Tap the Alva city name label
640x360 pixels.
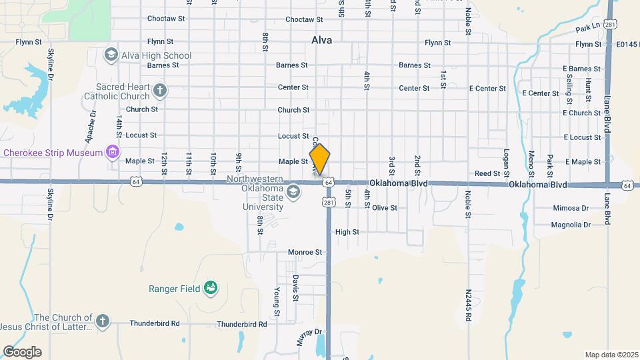[321, 40]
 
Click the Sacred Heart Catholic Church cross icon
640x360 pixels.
[159, 90]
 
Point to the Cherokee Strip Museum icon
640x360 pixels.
[113, 153]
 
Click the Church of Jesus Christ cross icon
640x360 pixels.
[102, 321]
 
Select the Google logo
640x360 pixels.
[22, 352]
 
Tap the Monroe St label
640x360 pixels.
[305, 253]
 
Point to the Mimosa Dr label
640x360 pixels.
[571, 208]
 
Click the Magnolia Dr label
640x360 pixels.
[571, 225]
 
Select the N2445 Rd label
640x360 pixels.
[469, 305]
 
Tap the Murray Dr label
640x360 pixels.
[309, 332]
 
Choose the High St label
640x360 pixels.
[347, 232]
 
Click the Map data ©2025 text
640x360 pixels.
[611, 354]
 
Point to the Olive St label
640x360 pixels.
[385, 208]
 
